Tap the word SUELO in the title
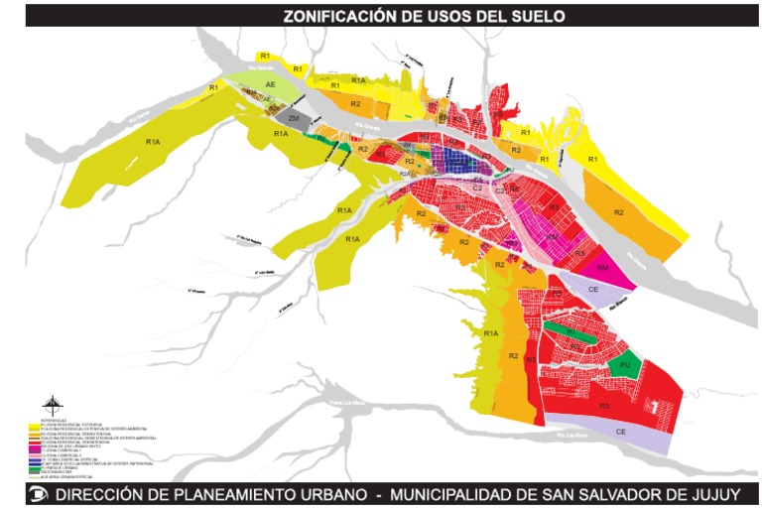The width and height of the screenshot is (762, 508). pyautogui.click(x=537, y=16)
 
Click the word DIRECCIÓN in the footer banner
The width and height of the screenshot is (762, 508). pyautogui.click(x=101, y=493)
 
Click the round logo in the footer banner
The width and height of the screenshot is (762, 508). pyautogui.click(x=39, y=493)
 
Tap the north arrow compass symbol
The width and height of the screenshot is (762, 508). pyautogui.click(x=53, y=405)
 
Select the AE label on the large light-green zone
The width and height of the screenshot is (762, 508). pyautogui.click(x=270, y=86)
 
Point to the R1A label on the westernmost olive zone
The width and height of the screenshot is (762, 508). pyautogui.click(x=153, y=143)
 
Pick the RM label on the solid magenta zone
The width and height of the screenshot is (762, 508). pyautogui.click(x=602, y=268)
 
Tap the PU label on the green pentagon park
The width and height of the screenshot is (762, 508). pyautogui.click(x=625, y=365)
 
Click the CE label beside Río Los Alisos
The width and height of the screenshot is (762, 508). pyautogui.click(x=620, y=432)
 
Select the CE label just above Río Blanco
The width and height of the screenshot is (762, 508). pyautogui.click(x=593, y=289)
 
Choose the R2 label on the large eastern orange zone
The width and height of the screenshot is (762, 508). pyautogui.click(x=619, y=212)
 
